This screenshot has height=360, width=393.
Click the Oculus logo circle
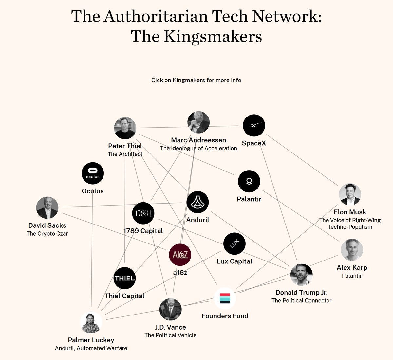pyautogui.click(x=93, y=173)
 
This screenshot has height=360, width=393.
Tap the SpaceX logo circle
pyautogui.click(x=254, y=125)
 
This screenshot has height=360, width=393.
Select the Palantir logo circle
pyautogui.click(x=249, y=181)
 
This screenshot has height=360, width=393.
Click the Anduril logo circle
pyautogui.click(x=197, y=202)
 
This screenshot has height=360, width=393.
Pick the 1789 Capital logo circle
pyautogui.click(x=143, y=214)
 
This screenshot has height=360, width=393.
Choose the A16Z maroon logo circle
pyautogui.click(x=180, y=255)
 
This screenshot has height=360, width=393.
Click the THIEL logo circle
pyautogui.click(x=124, y=278)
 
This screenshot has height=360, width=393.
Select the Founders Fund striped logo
pyautogui.click(x=225, y=298)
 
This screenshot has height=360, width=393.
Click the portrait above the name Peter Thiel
pyautogui.click(x=125, y=128)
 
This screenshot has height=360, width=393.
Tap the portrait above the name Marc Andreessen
pyautogui.click(x=198, y=122)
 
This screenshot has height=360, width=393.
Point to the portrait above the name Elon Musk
pyautogui.click(x=350, y=194)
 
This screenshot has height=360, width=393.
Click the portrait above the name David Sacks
pyautogui.click(x=47, y=208)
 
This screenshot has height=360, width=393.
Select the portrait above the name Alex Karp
pyautogui.click(x=352, y=250)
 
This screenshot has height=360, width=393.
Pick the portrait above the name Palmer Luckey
pyautogui.click(x=91, y=323)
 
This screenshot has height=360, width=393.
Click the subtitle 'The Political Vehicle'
pyautogui.click(x=170, y=335)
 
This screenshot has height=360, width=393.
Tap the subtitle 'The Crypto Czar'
pyautogui.click(x=47, y=234)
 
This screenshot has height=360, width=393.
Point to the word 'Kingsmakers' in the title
pyautogui.click(x=213, y=36)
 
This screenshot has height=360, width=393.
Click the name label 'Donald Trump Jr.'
pyautogui.click(x=301, y=293)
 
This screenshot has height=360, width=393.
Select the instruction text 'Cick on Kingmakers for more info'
pyautogui.click(x=196, y=80)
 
